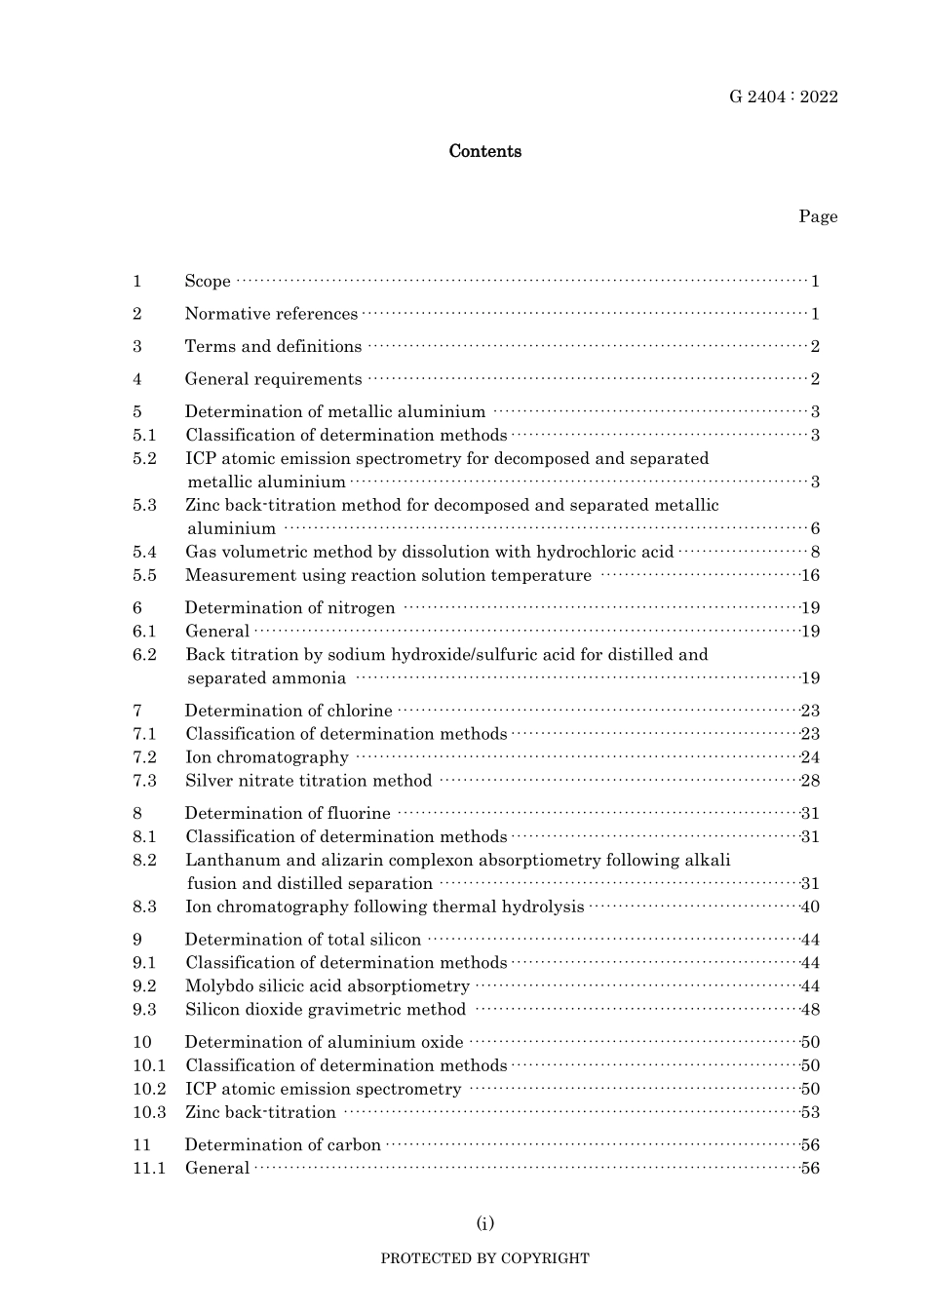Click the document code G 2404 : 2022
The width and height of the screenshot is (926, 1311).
[x=783, y=96]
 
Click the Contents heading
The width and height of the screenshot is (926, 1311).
[x=484, y=151]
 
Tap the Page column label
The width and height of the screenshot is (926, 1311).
[x=818, y=216]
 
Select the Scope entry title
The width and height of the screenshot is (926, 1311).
[x=208, y=282]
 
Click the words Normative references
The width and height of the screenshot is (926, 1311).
[x=271, y=314]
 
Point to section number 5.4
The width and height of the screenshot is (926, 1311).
[x=144, y=552]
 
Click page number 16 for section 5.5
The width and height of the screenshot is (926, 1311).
[x=810, y=575]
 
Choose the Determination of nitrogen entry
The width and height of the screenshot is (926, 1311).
[x=289, y=608]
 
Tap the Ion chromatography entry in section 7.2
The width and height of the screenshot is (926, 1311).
[x=266, y=757]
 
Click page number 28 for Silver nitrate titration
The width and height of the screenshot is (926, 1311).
[x=810, y=781]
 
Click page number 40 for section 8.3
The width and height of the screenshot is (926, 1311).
[x=810, y=906]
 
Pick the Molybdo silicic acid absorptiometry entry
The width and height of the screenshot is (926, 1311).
[x=328, y=986]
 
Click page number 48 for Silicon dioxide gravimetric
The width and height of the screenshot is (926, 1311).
[x=810, y=1010]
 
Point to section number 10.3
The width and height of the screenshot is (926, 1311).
[x=149, y=1112]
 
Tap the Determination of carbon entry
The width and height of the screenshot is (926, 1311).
[x=283, y=1145]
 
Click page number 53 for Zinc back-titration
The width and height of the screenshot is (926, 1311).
[x=810, y=1112]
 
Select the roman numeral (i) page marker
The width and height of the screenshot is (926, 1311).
[x=484, y=1223]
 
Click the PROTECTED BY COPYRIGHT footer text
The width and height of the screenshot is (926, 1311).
[x=484, y=1258]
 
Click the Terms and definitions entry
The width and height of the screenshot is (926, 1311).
[x=273, y=347]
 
